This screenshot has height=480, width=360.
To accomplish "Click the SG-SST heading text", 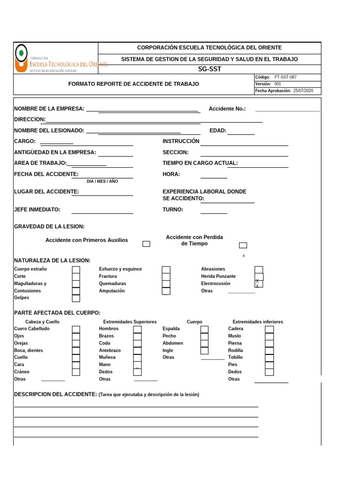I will tap(209, 69).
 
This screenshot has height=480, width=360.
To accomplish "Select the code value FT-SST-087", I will tap(285, 77).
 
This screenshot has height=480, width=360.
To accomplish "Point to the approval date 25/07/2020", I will tap(303, 91).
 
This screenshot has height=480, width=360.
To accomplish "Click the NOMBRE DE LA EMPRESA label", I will tap(49, 109).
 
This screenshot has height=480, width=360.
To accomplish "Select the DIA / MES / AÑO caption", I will tap(102, 181).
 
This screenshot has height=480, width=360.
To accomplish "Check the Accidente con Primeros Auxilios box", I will tap(146, 244).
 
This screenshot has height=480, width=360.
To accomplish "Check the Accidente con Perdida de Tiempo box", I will tap(243, 245).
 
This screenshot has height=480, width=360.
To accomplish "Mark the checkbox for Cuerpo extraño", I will tap(76, 270).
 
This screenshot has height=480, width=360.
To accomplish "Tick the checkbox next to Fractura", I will tap(166, 277).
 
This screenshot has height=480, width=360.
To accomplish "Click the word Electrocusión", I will tap(216, 284).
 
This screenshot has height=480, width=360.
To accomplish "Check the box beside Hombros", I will tap(137, 329).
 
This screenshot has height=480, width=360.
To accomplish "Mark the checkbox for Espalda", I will tap(204, 329).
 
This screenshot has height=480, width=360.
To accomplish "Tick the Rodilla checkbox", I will tap(269, 351).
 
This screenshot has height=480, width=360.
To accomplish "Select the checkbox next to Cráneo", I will tap(76, 372).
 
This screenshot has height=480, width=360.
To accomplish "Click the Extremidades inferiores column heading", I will tap(258, 322).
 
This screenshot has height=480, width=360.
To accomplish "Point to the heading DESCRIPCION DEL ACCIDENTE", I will tap(55, 394).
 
